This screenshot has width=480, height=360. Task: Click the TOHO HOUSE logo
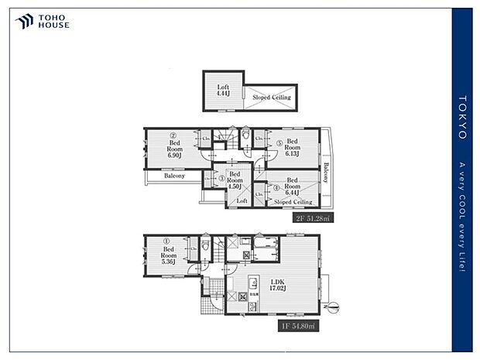tap(43, 21)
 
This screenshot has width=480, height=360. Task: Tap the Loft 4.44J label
tap(223, 91)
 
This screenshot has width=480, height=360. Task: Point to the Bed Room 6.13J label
tap(292, 147)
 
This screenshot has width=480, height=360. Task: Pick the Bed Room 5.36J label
tap(169, 255)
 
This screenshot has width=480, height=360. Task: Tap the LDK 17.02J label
tap(277, 284)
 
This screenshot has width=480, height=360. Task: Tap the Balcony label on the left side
tap(174, 176)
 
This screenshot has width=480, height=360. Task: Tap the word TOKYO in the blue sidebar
tap(462, 117)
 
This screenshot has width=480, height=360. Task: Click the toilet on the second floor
tap(245, 137)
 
